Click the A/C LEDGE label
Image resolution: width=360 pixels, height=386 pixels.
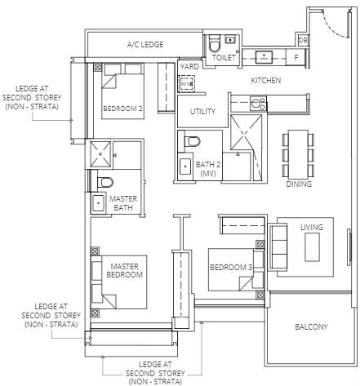point(145,44)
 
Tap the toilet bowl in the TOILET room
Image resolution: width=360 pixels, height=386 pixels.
point(214,44)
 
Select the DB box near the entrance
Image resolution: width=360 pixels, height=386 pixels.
point(303,40)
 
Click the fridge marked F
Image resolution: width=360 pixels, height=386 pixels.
point(296,57)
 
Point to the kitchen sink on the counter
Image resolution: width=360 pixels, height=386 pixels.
point(264,57)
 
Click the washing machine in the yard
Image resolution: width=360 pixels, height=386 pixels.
point(187,83)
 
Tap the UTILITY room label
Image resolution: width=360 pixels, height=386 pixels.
point(202,111)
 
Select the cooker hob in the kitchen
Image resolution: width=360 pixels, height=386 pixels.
point(258,104)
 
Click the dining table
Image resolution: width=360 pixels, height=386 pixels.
point(298,153)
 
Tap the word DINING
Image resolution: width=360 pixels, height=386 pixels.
point(299,184)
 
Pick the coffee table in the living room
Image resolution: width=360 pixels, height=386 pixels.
point(312,247)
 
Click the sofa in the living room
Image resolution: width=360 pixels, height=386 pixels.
point(278,247)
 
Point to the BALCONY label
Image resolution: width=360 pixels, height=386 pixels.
point(311,326)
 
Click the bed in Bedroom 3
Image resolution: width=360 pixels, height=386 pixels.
point(236,269)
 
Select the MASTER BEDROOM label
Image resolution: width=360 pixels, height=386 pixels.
point(124,270)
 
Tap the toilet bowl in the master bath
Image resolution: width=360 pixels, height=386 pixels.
point(104,182)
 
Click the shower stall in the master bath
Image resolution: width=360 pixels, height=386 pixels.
point(100,154)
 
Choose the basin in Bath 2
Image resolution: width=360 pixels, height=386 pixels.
point(185,166)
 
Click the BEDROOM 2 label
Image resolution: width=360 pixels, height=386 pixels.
point(122,109)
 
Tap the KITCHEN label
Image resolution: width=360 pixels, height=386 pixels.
point(265,80)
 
